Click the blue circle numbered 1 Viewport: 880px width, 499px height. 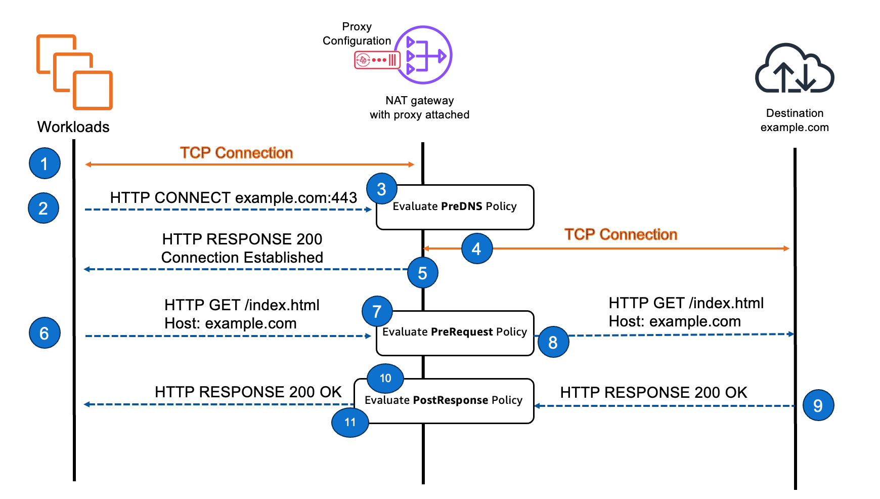(45, 163)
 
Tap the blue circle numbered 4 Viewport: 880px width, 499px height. (477, 248)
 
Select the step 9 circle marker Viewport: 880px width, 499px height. (818, 405)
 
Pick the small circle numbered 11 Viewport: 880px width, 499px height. (350, 422)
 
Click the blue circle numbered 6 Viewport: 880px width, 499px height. (45, 333)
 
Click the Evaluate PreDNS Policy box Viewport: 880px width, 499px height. (455, 207)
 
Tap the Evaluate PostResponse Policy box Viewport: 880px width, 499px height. (444, 401)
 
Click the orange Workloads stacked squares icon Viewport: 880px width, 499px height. (74, 72)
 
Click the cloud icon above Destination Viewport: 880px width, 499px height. (794, 69)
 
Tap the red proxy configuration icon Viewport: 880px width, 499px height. (377, 60)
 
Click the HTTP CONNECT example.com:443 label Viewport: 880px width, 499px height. (234, 198)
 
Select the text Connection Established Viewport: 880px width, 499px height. (242, 258)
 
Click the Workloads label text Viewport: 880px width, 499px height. (73, 127)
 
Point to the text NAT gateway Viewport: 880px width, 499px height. (419, 101)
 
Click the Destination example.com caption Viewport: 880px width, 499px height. (795, 120)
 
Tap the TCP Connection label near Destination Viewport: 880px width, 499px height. (621, 235)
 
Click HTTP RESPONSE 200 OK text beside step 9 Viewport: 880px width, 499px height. (653, 393)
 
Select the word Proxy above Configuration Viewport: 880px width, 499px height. (357, 27)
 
